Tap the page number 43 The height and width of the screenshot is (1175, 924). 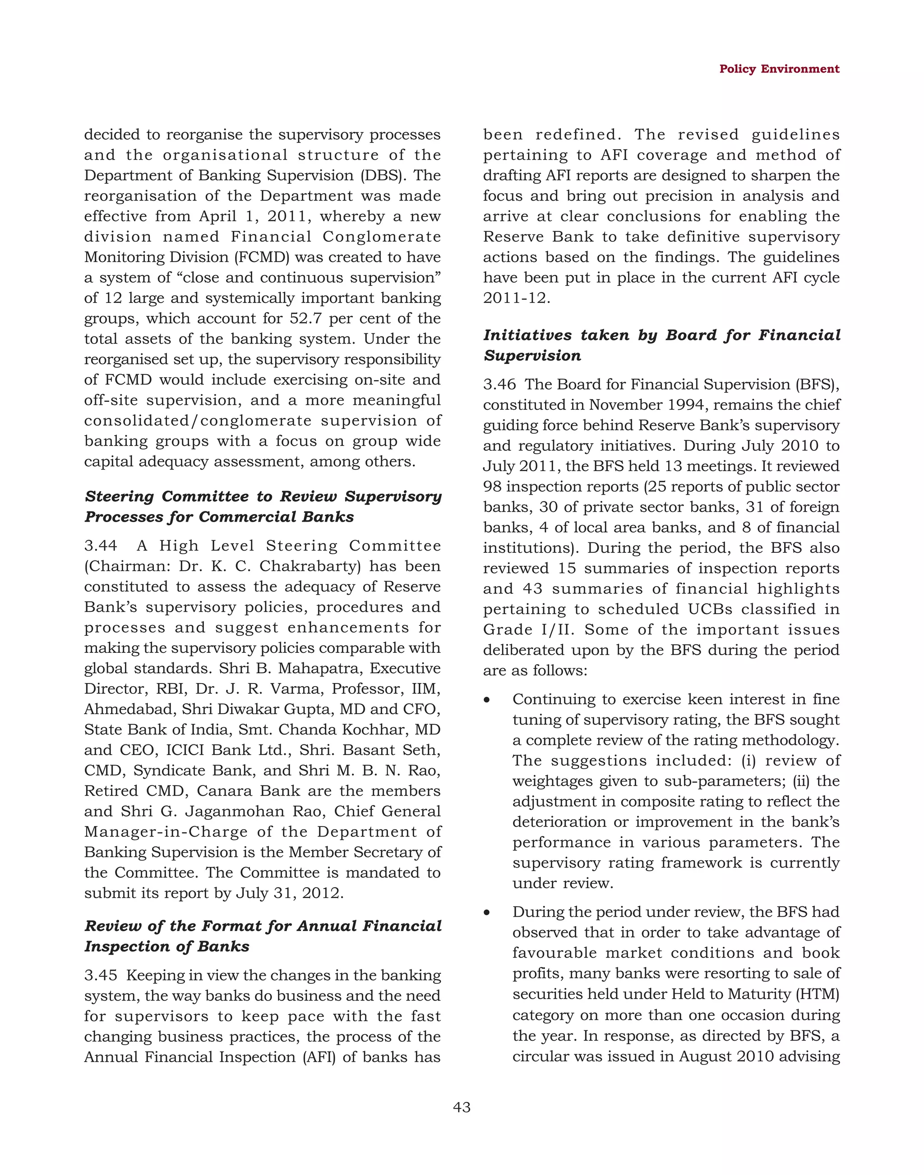(462, 1107)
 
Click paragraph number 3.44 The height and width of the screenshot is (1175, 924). (101, 546)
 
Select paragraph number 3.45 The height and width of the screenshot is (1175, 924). (101, 975)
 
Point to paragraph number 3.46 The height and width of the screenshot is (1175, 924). (499, 385)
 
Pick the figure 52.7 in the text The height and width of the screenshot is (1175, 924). (306, 318)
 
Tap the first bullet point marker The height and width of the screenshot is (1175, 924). (487, 700)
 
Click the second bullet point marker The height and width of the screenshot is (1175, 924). (487, 913)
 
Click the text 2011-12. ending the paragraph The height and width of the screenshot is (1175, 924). (516, 298)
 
